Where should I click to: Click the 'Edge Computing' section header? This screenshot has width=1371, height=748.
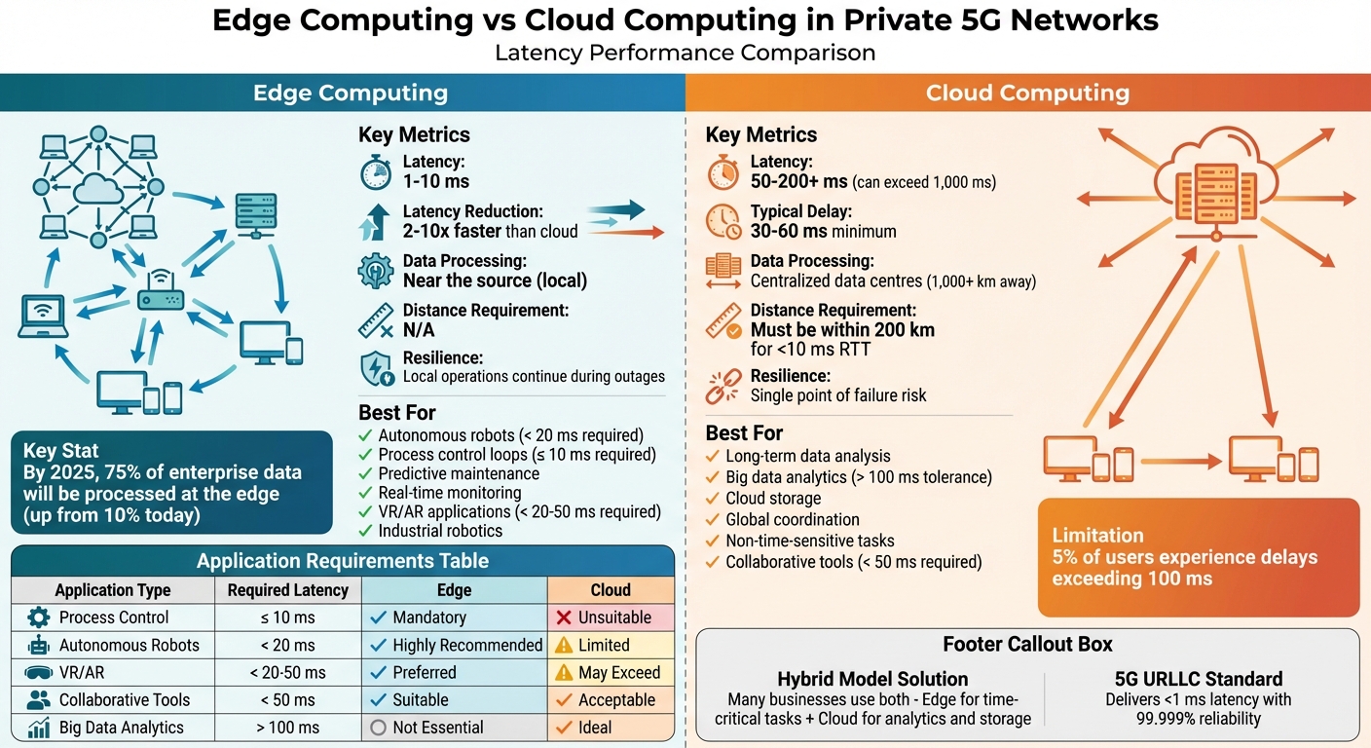351,93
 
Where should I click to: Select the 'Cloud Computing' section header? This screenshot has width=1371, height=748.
1027,93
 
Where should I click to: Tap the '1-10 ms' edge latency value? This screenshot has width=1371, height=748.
435,181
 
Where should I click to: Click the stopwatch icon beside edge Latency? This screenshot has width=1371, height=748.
375,172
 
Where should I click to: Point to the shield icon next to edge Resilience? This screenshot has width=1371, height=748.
376,367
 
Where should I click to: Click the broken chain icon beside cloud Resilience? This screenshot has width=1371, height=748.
723,386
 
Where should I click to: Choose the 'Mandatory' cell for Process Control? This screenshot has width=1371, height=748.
428,617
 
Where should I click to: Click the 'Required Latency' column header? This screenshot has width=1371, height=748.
287,590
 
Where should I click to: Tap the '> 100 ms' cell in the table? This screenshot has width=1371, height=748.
287,727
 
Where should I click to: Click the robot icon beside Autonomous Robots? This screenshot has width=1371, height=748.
39,645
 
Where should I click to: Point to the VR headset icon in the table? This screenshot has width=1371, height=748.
39,672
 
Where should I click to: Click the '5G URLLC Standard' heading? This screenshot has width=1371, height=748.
1198,679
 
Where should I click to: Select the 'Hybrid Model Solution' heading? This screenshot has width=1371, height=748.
872,679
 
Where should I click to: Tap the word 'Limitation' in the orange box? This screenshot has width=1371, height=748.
1097,535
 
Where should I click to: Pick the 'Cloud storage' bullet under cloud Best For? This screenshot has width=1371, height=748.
773,499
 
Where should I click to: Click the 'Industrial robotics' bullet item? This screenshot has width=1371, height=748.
440,531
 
